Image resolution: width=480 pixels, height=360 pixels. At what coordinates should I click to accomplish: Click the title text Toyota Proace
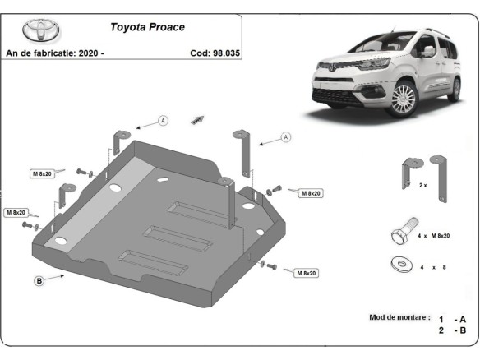click(148, 26)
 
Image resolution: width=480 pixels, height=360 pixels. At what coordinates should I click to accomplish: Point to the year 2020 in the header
click(90, 53)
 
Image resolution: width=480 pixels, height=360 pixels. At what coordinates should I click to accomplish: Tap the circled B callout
click(39, 281)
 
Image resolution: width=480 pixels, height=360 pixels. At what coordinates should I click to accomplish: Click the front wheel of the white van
click(404, 99)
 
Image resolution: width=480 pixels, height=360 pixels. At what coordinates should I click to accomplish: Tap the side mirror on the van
click(428, 51)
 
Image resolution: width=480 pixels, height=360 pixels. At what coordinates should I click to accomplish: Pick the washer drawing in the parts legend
click(402, 264)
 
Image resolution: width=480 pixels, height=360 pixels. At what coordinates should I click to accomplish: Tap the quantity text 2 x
click(423, 186)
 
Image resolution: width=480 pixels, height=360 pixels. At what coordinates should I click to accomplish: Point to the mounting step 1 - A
click(453, 319)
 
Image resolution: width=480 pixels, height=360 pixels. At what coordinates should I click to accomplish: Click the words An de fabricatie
click(41, 53)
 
